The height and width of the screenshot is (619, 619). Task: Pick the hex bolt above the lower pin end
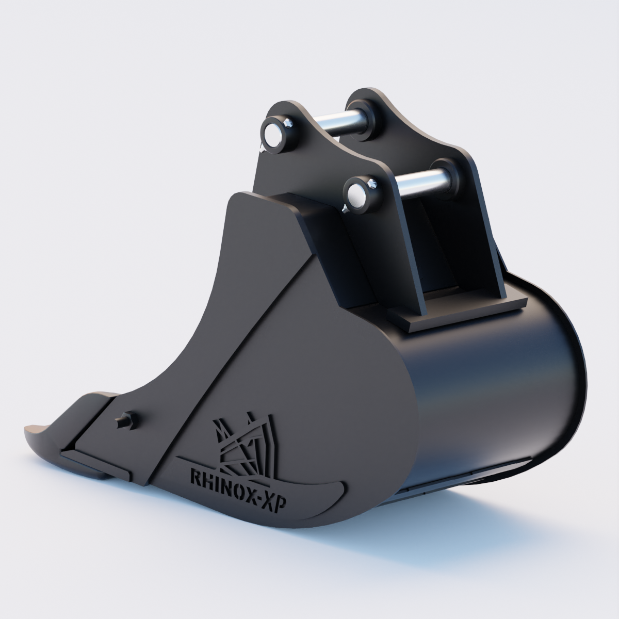373,183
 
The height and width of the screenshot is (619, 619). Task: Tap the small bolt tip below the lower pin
344,208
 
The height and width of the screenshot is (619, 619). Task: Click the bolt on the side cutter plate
127,420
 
